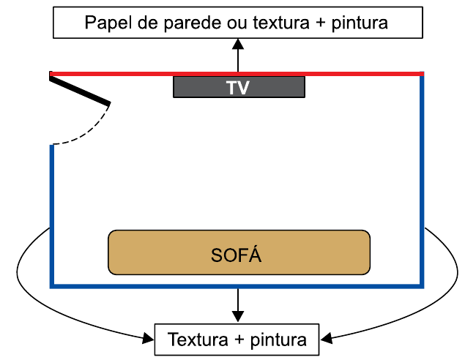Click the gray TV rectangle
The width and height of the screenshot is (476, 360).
coord(198,87)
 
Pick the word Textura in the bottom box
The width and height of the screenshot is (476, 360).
coord(198,340)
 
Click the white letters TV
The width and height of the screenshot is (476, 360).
coord(238,88)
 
